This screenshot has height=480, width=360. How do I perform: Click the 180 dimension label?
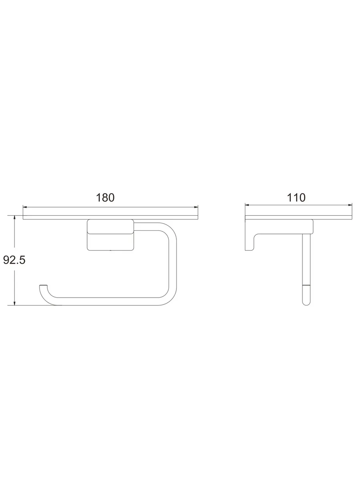pos(105,198)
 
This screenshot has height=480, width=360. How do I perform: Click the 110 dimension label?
pos(296,198)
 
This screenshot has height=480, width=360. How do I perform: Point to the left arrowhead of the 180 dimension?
pos(25,207)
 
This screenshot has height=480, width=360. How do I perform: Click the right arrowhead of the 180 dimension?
pos(196,207)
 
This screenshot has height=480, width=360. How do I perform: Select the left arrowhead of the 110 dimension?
pos(247,205)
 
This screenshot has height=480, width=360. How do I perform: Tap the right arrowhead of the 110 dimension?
pos(350,205)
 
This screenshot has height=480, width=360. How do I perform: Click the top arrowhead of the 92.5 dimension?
pos(14,217)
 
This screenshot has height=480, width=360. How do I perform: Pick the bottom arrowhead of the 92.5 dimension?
pos(14,303)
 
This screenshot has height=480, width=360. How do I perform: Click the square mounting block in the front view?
pos(110,235)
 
